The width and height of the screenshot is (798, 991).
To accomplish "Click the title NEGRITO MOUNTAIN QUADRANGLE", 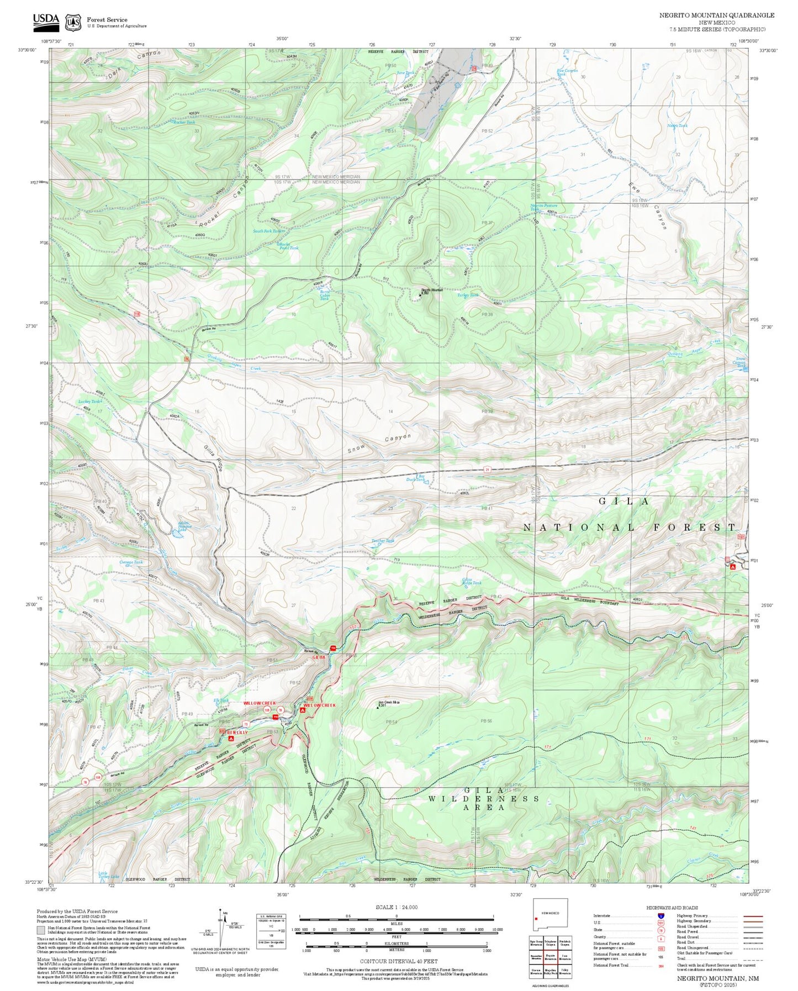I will (716, 15).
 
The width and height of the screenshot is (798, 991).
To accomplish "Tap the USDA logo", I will (46, 20).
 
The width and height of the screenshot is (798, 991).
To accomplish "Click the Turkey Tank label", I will (467, 296).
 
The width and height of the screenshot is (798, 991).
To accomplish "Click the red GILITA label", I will (319, 657).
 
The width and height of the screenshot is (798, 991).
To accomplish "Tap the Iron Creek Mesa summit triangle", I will (378, 707).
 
